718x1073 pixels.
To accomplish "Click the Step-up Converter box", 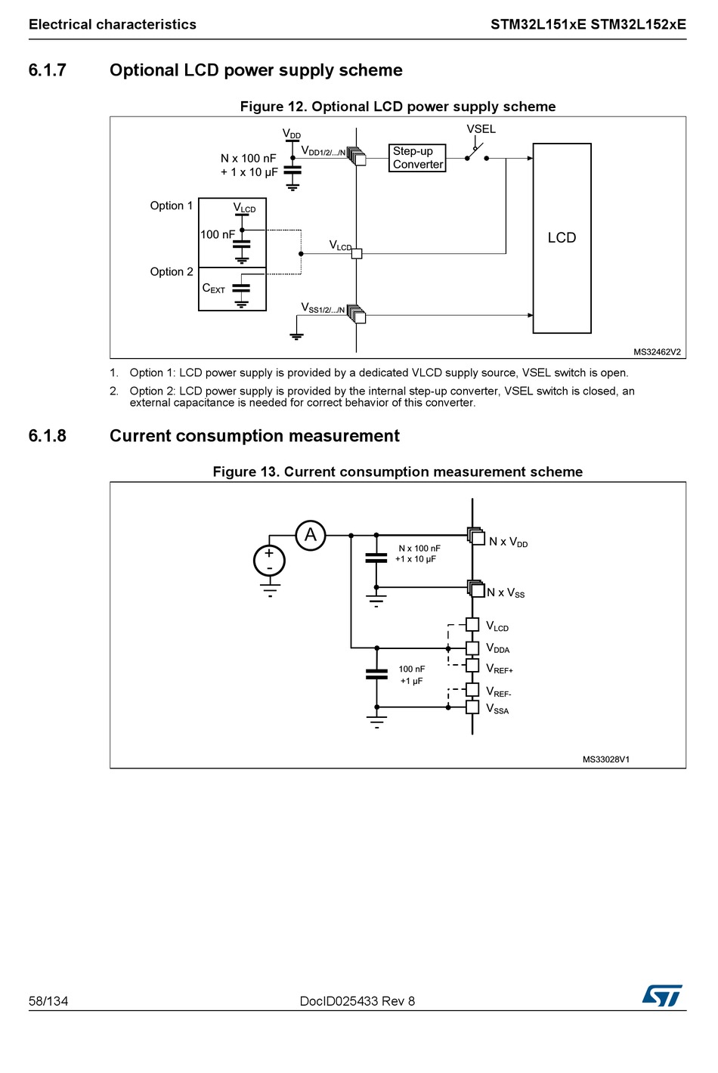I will pyautogui.click(x=417, y=158).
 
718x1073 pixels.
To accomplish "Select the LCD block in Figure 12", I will pyautogui.click(x=562, y=238).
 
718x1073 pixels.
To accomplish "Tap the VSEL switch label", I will pyautogui.click(x=481, y=129).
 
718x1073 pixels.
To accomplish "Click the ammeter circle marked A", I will pyautogui.click(x=310, y=536).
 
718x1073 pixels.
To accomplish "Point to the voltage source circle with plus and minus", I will pyautogui.click(x=269, y=561).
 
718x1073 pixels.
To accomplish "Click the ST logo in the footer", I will pyautogui.click(x=662, y=995).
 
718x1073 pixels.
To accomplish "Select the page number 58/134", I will pyautogui.click(x=48, y=1001).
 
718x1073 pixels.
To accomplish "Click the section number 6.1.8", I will pyautogui.click(x=48, y=436).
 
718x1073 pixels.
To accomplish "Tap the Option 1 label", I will pyautogui.click(x=172, y=206).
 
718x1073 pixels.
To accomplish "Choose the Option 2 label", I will pyautogui.click(x=172, y=272).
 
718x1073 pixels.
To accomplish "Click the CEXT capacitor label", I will pyautogui.click(x=214, y=289).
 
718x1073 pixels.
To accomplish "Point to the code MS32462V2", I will pyautogui.click(x=657, y=352).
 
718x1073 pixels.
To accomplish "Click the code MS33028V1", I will pyautogui.click(x=605, y=759).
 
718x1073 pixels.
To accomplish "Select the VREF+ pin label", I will pyautogui.click(x=499, y=669).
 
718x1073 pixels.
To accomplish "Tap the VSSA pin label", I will pyautogui.click(x=497, y=709).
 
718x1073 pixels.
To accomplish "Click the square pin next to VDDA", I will pyautogui.click(x=472, y=648).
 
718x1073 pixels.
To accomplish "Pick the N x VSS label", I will pyautogui.click(x=506, y=593).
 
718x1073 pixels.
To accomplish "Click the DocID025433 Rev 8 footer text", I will pyautogui.click(x=357, y=1001).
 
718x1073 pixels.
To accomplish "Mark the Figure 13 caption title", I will pyautogui.click(x=398, y=472).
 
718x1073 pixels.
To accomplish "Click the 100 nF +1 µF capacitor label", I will pyautogui.click(x=411, y=675).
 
